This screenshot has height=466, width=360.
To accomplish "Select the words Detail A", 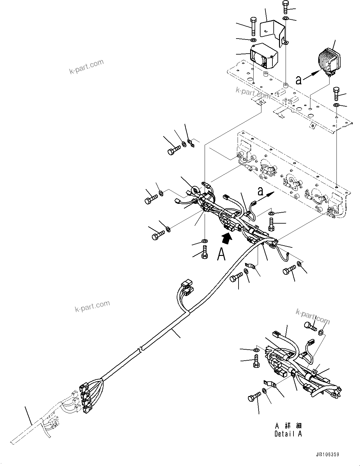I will pyautogui.click(x=288, y=434).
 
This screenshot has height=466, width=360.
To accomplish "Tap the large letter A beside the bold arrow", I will pyautogui.click(x=221, y=254).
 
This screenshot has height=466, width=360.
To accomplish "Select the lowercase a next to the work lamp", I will pyautogui.click(x=299, y=80).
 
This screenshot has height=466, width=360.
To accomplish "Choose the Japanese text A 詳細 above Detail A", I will pyautogui.click(x=288, y=426).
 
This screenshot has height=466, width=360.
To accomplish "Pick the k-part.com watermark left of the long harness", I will pyautogui.click(x=92, y=306).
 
